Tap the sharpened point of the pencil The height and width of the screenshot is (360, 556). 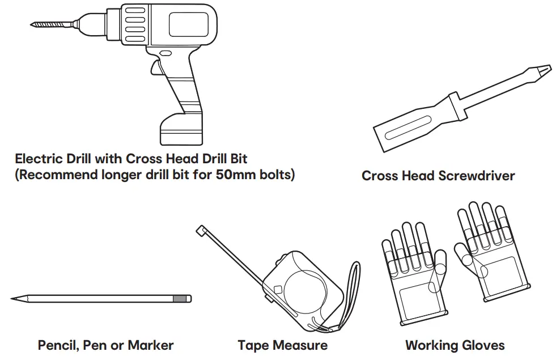pos(14,298)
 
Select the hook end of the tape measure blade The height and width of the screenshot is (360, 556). pos(200,230)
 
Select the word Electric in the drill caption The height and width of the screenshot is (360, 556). pos(39,158)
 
